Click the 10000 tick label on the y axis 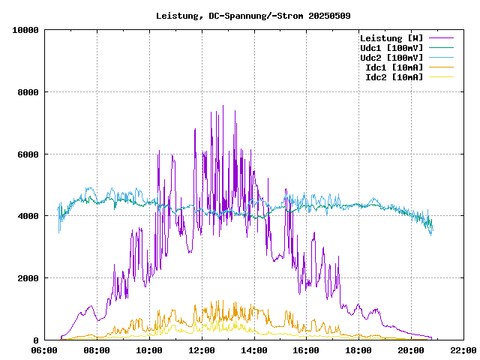click(x=26, y=30)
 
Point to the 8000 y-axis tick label click(x=28, y=92)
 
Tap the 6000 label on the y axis click(x=28, y=154)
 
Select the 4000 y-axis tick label click(x=28, y=216)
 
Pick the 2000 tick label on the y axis click(x=28, y=278)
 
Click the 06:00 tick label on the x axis click(x=44, y=350)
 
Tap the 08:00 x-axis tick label click(x=97, y=350)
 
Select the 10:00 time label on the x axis click(x=149, y=350)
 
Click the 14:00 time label click(x=253, y=350)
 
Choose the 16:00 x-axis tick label click(x=306, y=350)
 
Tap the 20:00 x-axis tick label click(x=410, y=350)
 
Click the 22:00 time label click(x=463, y=350)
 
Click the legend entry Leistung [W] click(x=391, y=38)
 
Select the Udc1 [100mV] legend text click(x=391, y=48)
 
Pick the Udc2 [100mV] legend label click(x=391, y=58)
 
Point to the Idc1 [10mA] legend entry click(x=394, y=67)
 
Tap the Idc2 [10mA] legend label click(x=394, y=77)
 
